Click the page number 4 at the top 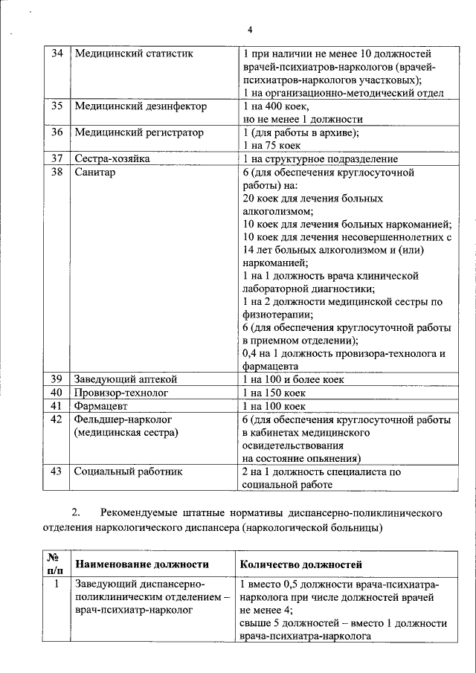[250, 30]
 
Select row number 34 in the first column [56, 54]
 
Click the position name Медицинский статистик [134, 54]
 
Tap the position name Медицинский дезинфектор [141, 106]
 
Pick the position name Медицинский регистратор [139, 132]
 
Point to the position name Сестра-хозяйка [112, 158]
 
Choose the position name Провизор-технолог [121, 393]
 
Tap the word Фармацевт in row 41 [104, 406]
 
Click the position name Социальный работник [128, 471]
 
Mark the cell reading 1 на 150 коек [274, 393]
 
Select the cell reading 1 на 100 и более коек [294, 379]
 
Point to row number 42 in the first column [56, 419]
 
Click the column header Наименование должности [141, 565]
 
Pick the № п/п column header [54, 564]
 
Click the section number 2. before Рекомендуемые [76, 513]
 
